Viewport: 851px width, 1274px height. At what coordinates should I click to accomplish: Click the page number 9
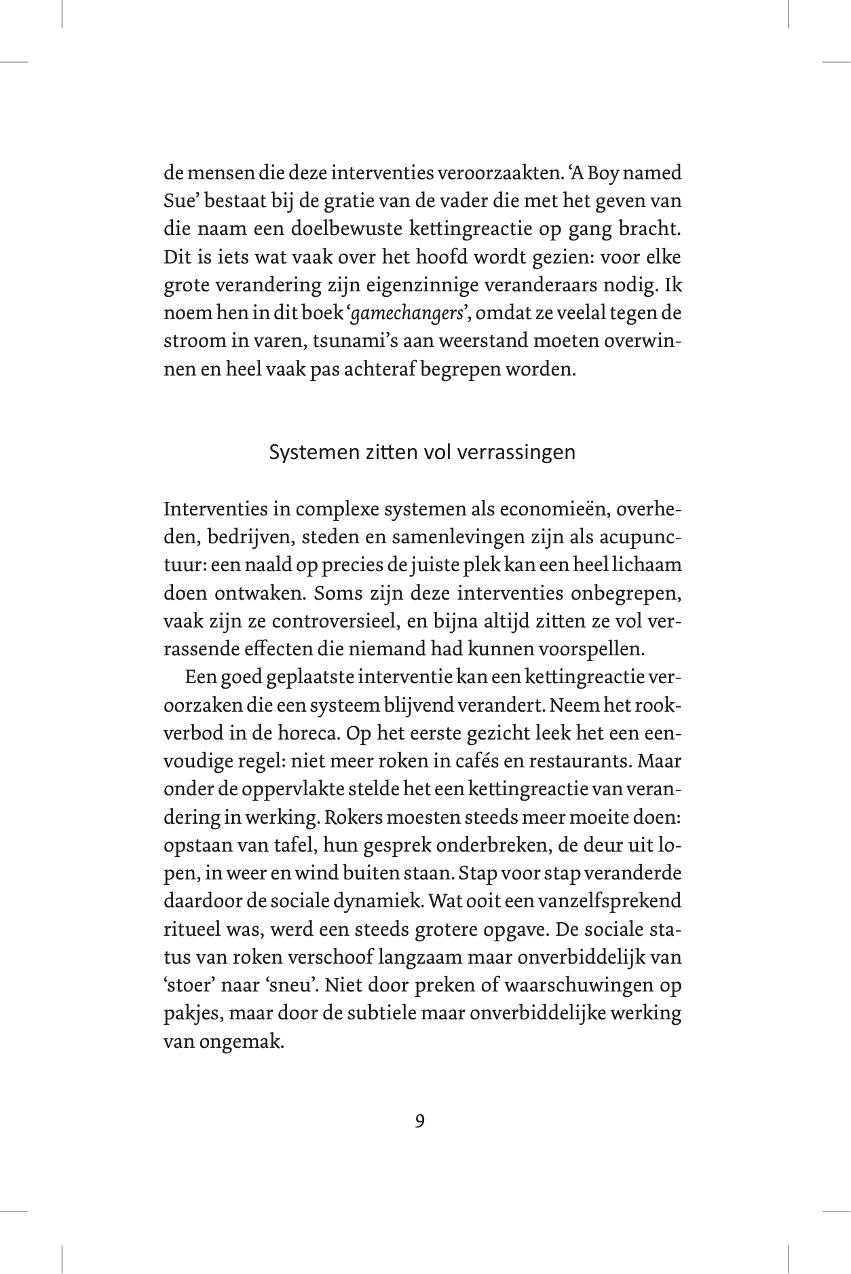(x=419, y=1121)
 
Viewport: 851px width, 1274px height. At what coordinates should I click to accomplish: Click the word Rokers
(x=352, y=818)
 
